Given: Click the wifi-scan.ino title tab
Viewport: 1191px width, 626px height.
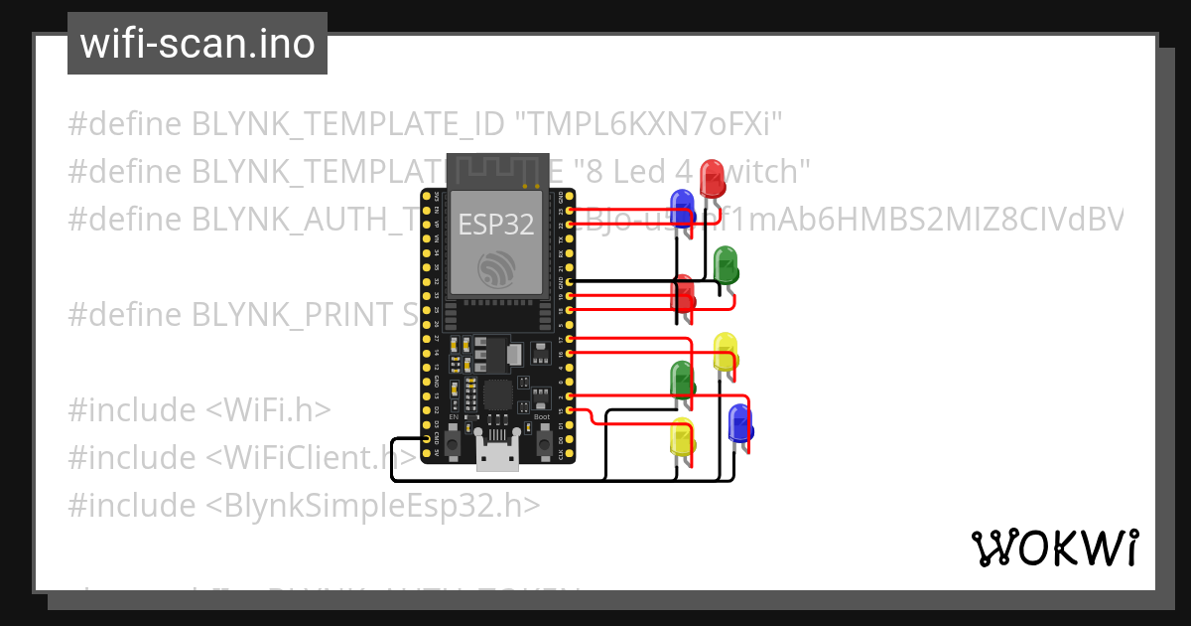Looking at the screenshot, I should pos(198,44).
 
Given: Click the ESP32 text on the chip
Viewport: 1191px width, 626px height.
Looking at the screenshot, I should pos(495,224).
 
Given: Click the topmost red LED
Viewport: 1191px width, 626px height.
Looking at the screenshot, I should pos(712,179).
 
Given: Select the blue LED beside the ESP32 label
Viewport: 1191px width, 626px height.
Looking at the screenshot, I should pos(681,209).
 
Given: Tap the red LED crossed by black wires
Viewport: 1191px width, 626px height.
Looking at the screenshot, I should pos(684,295).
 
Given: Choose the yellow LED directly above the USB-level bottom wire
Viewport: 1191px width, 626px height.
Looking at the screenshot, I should pos(682,438).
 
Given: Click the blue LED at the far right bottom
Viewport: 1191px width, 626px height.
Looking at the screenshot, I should pos(739,423).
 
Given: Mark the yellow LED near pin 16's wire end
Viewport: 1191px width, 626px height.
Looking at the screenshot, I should pos(726,352).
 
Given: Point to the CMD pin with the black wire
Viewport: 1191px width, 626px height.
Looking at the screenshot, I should pos(428,438).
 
